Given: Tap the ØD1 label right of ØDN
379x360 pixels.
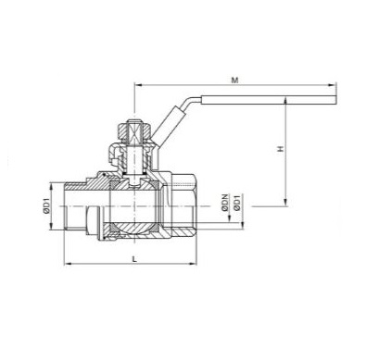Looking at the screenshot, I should [240, 203].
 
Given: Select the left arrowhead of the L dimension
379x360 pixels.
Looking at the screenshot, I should [67, 262].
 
